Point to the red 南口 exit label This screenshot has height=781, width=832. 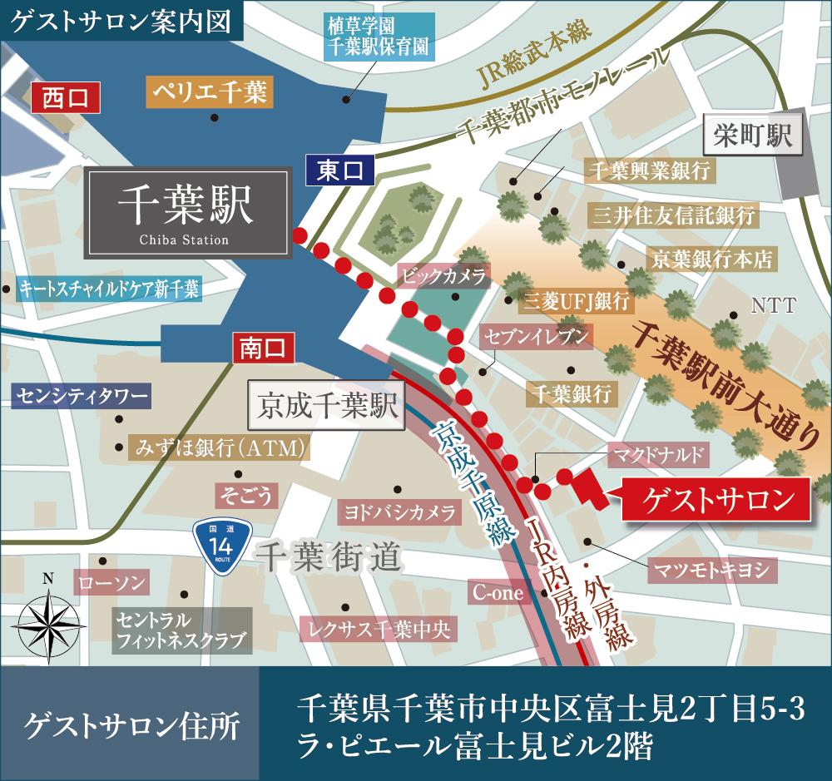263,348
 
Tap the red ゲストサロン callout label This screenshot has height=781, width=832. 716,500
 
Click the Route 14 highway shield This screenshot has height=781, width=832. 220,545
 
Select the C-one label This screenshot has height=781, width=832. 499,592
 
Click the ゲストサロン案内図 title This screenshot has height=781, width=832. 121,21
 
